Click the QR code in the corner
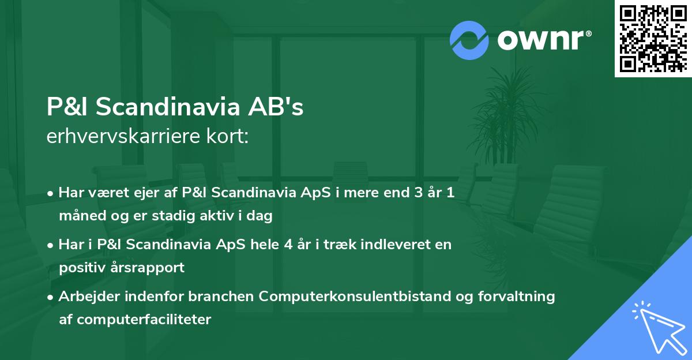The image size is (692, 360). pyautogui.click(x=653, y=39)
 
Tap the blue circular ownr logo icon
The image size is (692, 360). pyautogui.click(x=469, y=40)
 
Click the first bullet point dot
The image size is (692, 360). pyautogui.click(x=51, y=193)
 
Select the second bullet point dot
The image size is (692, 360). pyautogui.click(x=51, y=245)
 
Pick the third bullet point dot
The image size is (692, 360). pyautogui.click(x=51, y=297)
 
